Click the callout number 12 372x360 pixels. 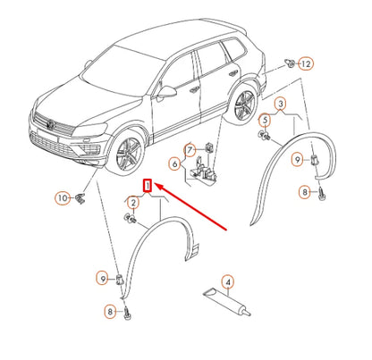(x=306, y=63)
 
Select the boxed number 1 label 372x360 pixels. (x=148, y=186)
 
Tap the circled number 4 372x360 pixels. (x=228, y=282)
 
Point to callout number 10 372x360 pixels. (x=63, y=198)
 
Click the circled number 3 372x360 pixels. (x=281, y=104)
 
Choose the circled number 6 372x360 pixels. (x=175, y=163)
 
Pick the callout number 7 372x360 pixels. (x=190, y=150)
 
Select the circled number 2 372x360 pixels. (x=133, y=203)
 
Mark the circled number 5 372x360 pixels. (x=265, y=121)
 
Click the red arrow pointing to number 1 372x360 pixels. (x=191, y=207)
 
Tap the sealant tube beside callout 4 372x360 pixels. (x=227, y=303)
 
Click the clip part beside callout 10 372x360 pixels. (x=80, y=197)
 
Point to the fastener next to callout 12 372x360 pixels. (x=291, y=63)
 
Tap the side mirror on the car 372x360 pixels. (x=165, y=91)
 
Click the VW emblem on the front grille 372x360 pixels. (x=51, y=124)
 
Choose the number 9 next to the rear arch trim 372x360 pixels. (x=297, y=160)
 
